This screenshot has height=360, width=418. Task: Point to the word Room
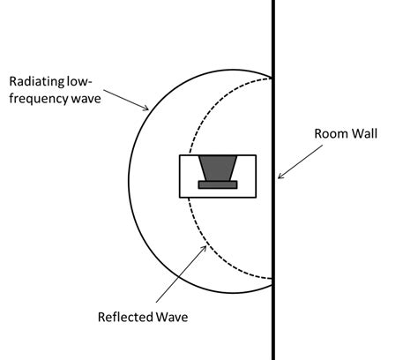pos(331,135)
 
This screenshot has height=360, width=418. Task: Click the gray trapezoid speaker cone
pos(217,167)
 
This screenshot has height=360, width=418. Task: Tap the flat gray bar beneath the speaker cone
pos(217,184)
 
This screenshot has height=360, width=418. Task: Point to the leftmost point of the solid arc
pos(129,181)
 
